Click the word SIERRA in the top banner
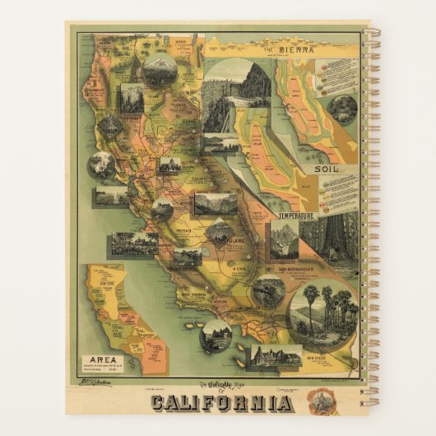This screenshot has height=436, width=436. pos(299,49)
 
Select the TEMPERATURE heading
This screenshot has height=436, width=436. pos(298,216)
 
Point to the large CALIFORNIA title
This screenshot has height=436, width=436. pos(220,403)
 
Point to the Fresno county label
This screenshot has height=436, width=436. pos(194,233)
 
